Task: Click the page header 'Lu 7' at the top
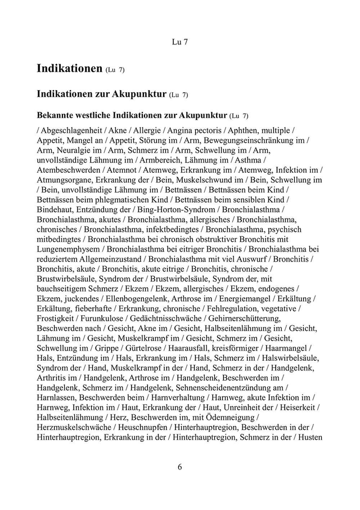click(179, 42)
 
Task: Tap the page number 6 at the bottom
click(179, 467)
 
